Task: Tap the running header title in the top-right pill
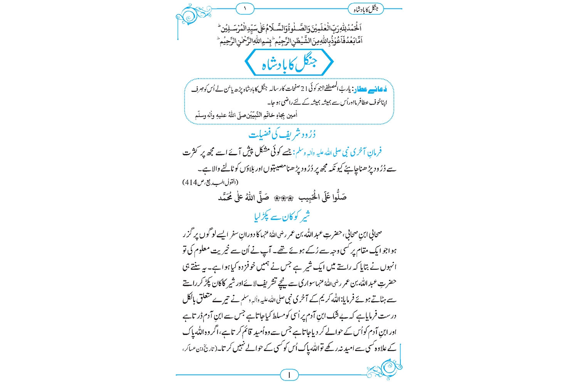(366, 9)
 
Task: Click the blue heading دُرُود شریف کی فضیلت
(282, 134)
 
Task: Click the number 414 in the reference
(191, 182)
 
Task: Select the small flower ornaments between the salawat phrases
(283, 198)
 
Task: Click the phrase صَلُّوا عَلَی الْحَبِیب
(323, 198)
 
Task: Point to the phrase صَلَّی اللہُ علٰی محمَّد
(244, 198)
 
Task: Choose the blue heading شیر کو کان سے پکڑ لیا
(282, 217)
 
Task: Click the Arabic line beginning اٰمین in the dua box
(247, 115)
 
